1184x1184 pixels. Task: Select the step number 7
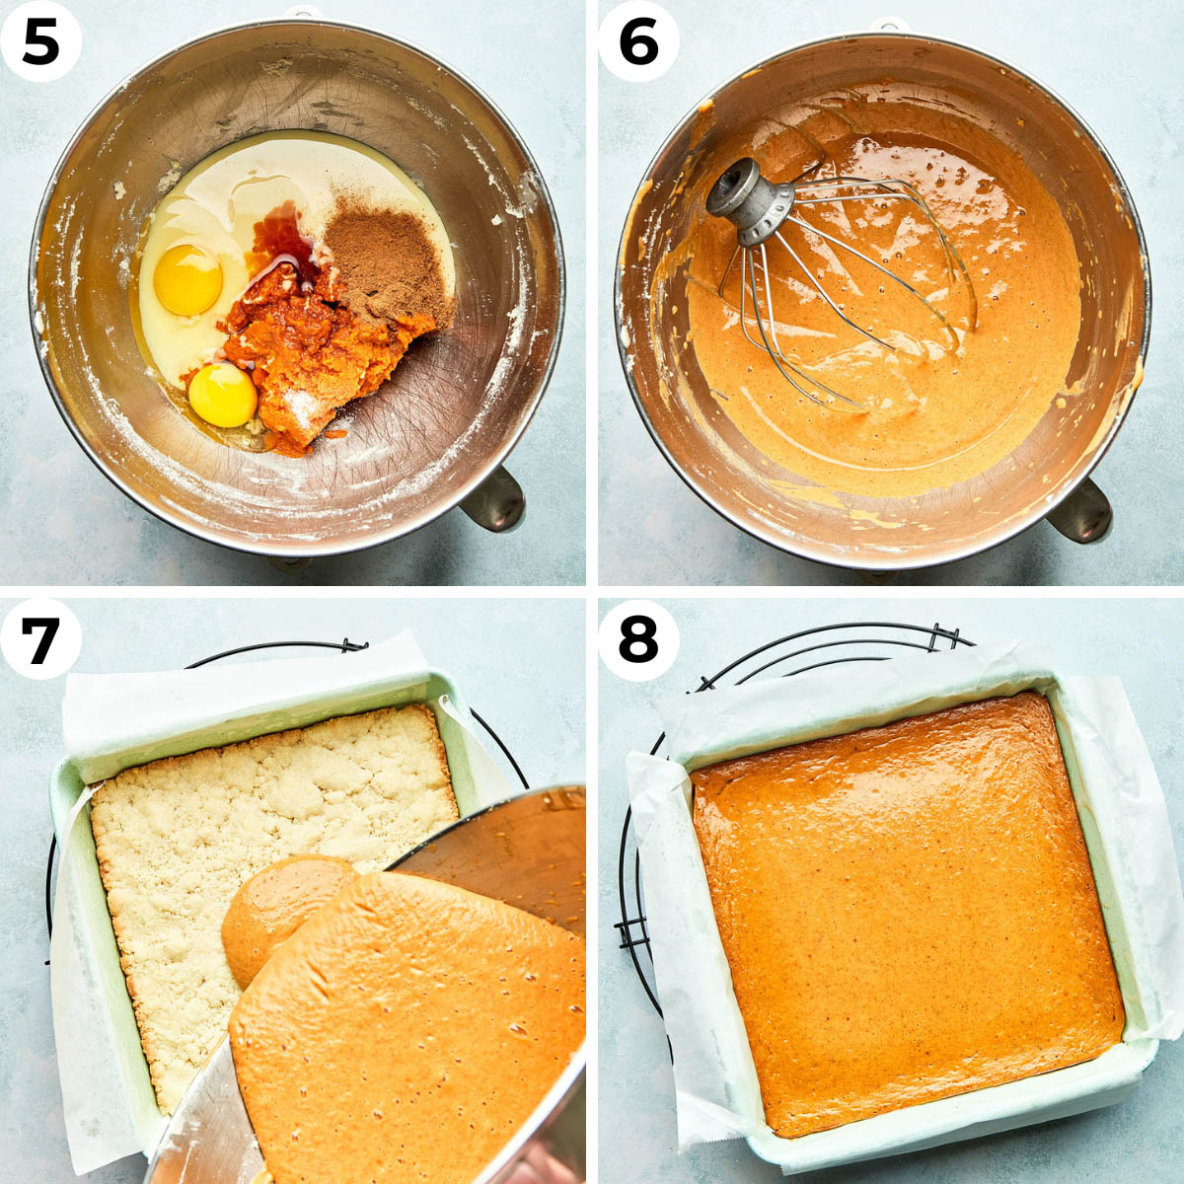coord(39,641)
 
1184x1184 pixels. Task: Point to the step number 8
coord(638,641)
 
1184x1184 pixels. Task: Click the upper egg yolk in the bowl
coord(187,279)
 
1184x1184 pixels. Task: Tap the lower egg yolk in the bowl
coord(222,395)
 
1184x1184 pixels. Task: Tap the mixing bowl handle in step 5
coord(494,497)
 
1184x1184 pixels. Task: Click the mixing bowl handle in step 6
coord(1081,509)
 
